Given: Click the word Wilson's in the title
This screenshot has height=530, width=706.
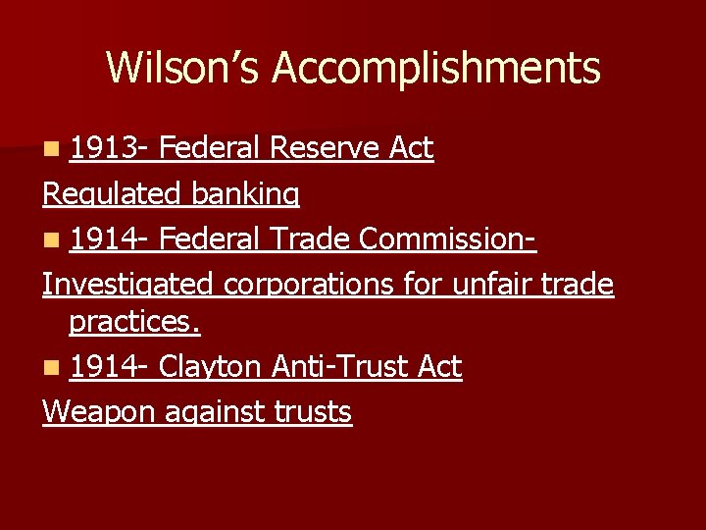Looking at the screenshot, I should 184,69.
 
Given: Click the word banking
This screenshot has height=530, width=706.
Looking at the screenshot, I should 245,194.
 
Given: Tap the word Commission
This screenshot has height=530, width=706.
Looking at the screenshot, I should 447,239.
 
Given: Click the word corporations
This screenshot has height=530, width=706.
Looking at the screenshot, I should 333,285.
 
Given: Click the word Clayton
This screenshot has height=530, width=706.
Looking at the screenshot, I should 210,367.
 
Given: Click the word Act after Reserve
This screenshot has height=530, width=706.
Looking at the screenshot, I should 412,148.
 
